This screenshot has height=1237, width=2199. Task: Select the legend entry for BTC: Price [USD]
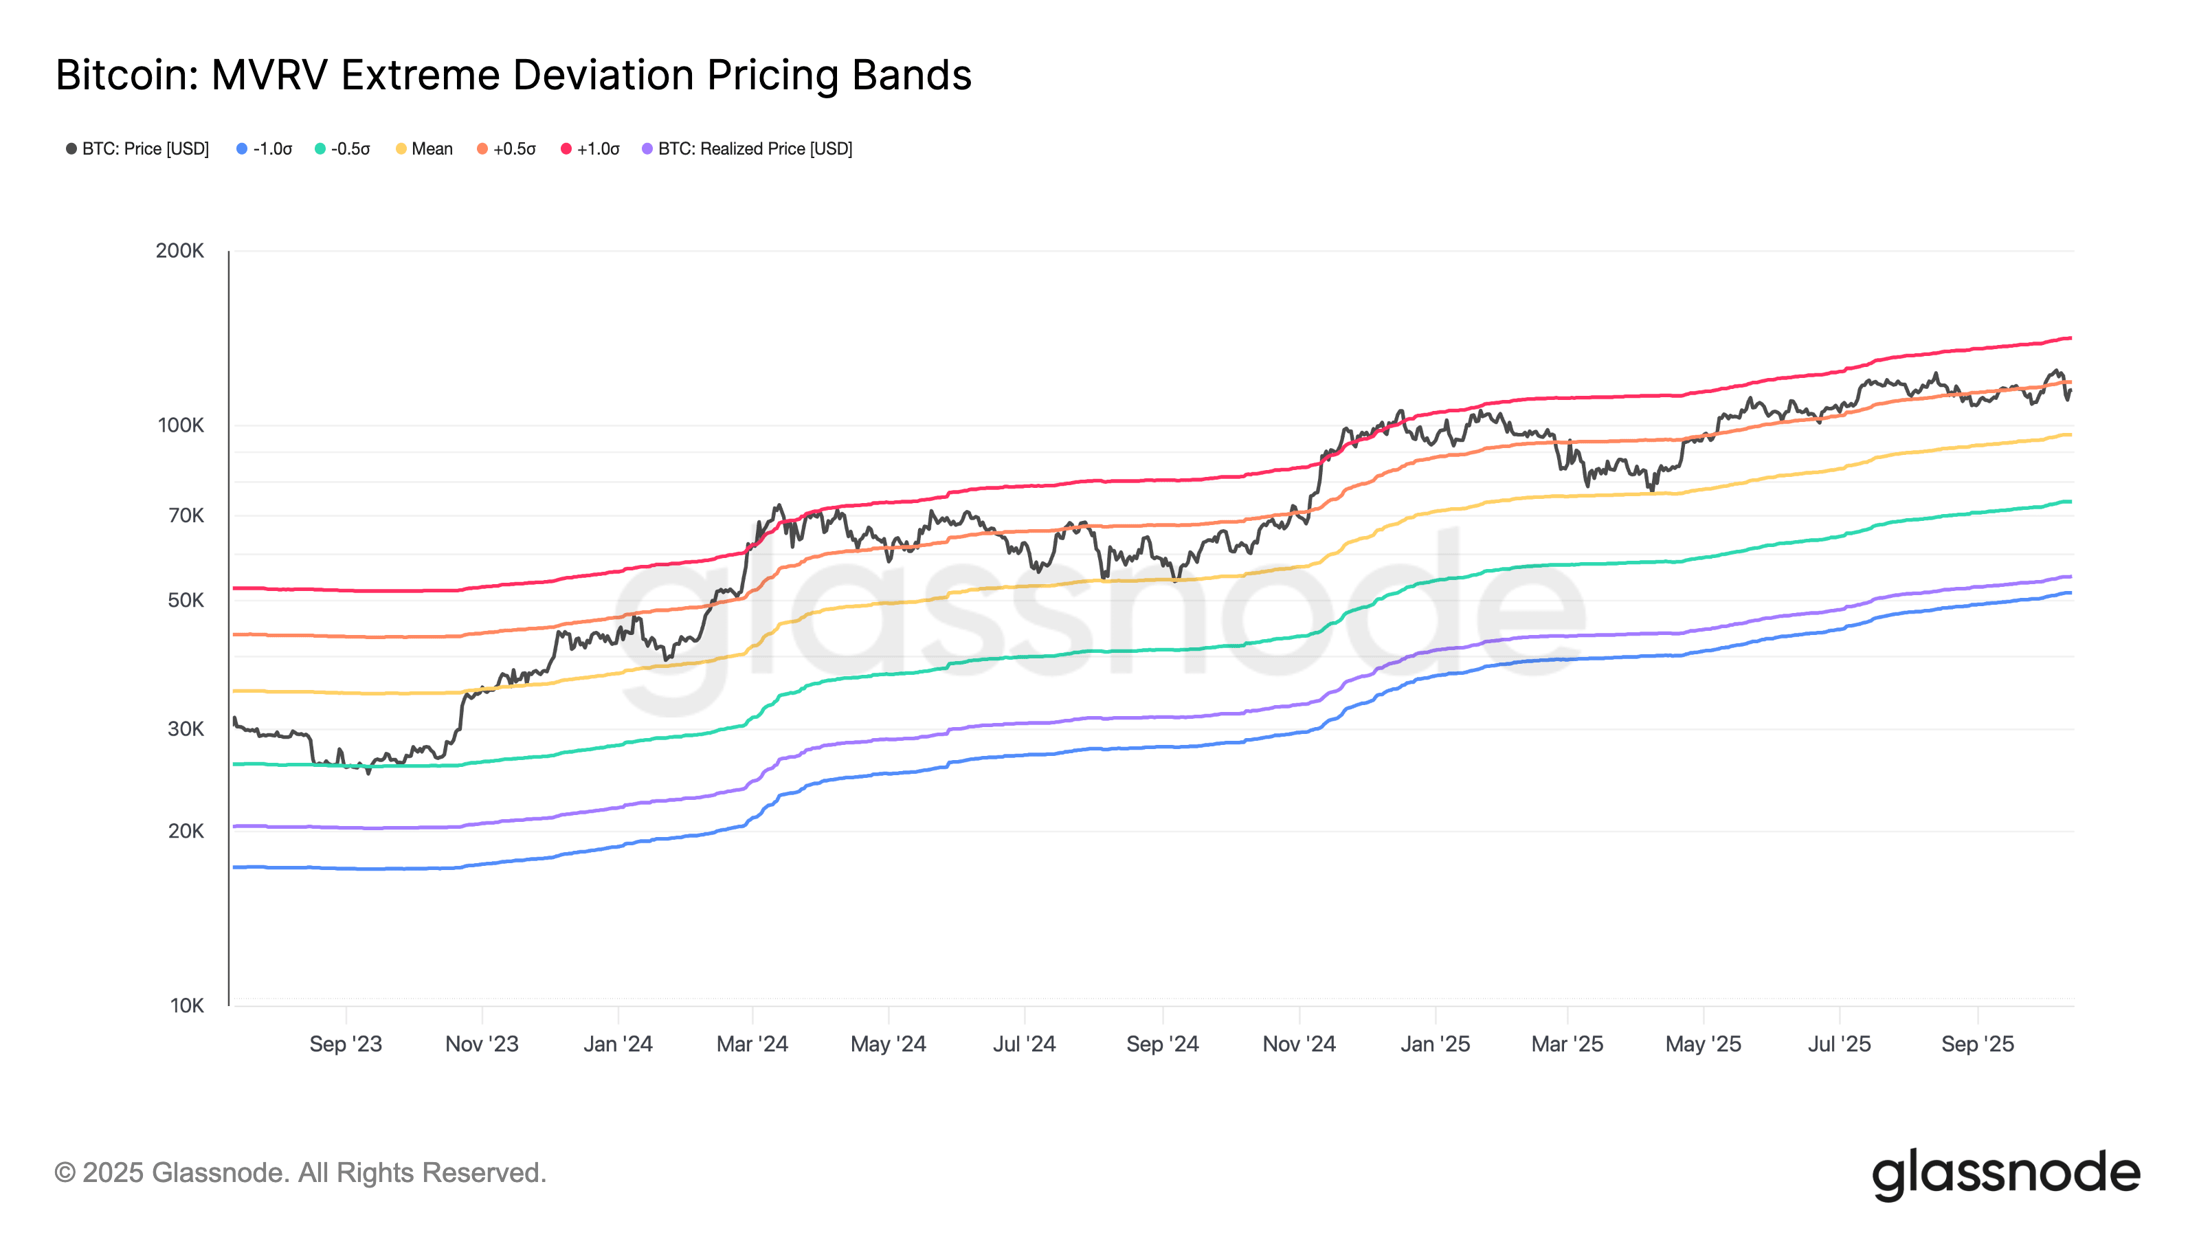(x=137, y=148)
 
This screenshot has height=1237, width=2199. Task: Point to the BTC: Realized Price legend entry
(x=747, y=148)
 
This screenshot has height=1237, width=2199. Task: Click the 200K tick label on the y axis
(x=179, y=251)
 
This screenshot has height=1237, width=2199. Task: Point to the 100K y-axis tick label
(x=180, y=425)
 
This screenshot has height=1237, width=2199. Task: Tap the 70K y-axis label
(x=186, y=515)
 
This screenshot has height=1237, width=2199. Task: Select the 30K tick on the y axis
(x=186, y=729)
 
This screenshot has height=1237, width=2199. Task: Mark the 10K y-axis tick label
(x=186, y=1005)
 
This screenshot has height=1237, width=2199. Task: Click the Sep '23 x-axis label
(x=346, y=1044)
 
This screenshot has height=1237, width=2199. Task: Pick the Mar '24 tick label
(x=752, y=1044)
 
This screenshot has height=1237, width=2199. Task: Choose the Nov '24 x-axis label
(x=1298, y=1044)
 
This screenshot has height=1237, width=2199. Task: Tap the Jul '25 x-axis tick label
(x=1839, y=1044)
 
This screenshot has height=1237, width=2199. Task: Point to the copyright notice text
(x=300, y=1173)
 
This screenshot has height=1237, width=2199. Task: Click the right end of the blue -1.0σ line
(x=2069, y=592)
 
